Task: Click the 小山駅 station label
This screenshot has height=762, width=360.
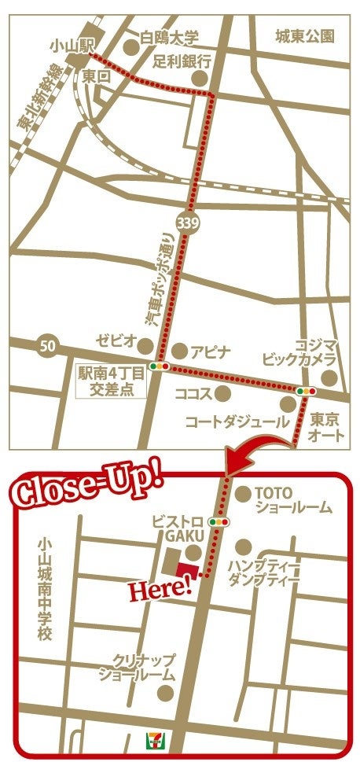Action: pyautogui.click(x=67, y=46)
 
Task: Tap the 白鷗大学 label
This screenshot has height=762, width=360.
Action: pyautogui.click(x=169, y=37)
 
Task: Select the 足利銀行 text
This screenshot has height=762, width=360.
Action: pyautogui.click(x=182, y=61)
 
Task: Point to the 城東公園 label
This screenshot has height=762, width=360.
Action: pyautogui.click(x=305, y=36)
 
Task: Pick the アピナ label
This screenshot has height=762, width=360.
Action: pyautogui.click(x=208, y=352)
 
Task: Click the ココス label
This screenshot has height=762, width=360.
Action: pyautogui.click(x=193, y=391)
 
